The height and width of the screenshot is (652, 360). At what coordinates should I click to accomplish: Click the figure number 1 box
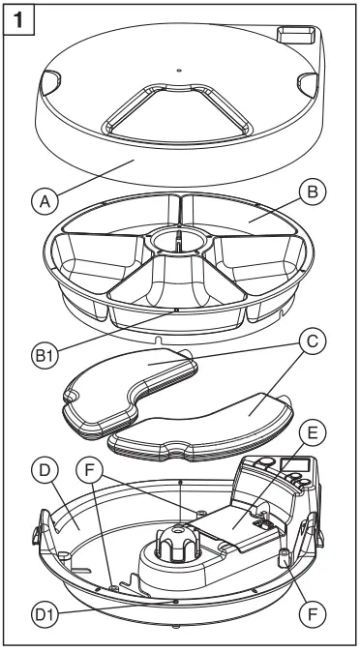pyautogui.click(x=18, y=19)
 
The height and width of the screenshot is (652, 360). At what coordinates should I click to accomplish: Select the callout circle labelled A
pyautogui.click(x=45, y=202)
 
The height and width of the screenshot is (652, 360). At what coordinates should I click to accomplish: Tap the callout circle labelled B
pyautogui.click(x=313, y=193)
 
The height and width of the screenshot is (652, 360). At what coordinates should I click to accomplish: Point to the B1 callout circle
pyautogui.click(x=45, y=357)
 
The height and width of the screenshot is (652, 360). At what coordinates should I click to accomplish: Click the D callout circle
pyautogui.click(x=45, y=471)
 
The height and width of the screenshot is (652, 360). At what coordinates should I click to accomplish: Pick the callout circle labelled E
pyautogui.click(x=313, y=434)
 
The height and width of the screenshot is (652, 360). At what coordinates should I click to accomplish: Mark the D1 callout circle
pyautogui.click(x=45, y=614)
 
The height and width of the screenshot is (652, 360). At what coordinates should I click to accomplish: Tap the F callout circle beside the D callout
pyautogui.click(x=89, y=471)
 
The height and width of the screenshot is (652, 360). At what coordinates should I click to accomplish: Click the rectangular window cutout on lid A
pyautogui.click(x=296, y=35)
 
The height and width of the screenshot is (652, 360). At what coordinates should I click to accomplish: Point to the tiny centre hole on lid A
pyautogui.click(x=179, y=71)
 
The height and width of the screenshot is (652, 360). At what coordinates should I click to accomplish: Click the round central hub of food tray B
pyautogui.click(x=178, y=240)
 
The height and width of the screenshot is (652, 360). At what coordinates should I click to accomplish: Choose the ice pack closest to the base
pyautogui.click(x=200, y=427)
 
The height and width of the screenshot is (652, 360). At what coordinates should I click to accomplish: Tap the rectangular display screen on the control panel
pyautogui.click(x=295, y=465)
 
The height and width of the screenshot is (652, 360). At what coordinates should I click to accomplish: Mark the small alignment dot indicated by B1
pyautogui.click(x=176, y=310)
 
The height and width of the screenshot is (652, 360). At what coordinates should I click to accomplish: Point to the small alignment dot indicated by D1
pyautogui.click(x=175, y=602)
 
